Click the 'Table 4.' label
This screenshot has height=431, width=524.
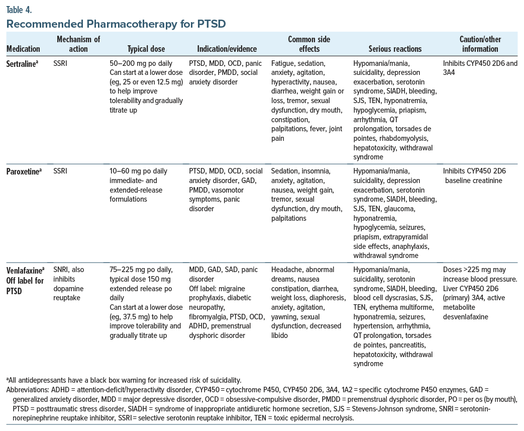coord(19,9)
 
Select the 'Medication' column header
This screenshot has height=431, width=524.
coord(23,49)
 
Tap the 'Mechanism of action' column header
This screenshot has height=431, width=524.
coord(78,44)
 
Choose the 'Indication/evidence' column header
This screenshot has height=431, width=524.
coord(227,49)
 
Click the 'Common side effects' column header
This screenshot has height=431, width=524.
coord(309,44)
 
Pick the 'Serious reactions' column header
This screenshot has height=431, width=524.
coord(395,49)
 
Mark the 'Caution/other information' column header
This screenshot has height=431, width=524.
coord(480,44)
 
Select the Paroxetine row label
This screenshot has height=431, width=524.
coord(25,170)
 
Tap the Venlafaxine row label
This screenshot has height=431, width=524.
coord(26,270)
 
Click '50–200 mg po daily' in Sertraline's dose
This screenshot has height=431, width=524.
coord(141,64)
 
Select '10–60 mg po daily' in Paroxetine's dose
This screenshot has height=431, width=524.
coord(140,170)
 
